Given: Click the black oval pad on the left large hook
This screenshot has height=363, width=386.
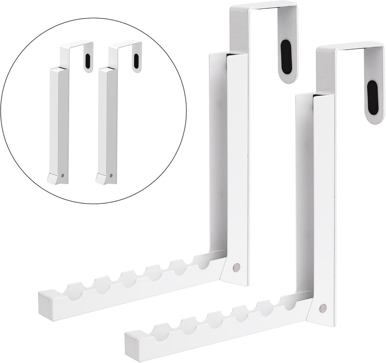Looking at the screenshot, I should tap(286, 57).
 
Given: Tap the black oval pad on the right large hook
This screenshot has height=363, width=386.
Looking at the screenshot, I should tap(372, 98).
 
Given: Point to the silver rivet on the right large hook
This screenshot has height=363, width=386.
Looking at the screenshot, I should tap(323, 307).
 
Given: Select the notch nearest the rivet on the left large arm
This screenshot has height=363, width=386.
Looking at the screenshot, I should tap(202, 262).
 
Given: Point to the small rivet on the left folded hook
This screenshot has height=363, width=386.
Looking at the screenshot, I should tap(63, 176).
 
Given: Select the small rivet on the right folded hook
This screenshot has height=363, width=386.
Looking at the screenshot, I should tap(111, 176).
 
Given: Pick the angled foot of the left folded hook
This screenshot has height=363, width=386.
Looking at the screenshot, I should tap(54, 179).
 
